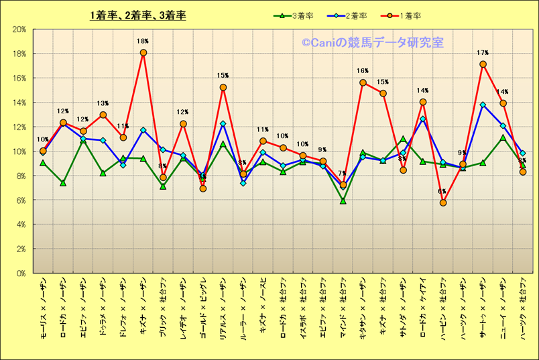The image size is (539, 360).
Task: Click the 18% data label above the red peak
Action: [143, 41]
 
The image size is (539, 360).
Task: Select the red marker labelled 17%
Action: [483, 64]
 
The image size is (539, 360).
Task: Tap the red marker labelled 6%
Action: [442, 202]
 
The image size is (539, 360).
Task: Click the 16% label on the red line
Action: [363, 70]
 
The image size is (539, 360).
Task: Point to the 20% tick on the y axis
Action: [19, 29]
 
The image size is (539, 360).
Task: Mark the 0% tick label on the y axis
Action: [21, 274]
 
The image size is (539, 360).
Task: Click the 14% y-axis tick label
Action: [19, 103]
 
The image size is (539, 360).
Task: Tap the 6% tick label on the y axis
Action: [21, 200]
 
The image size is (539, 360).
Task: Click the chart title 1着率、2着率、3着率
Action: [138, 15]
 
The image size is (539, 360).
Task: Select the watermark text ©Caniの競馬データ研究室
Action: [372, 43]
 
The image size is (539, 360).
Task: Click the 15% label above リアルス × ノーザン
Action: [223, 76]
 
